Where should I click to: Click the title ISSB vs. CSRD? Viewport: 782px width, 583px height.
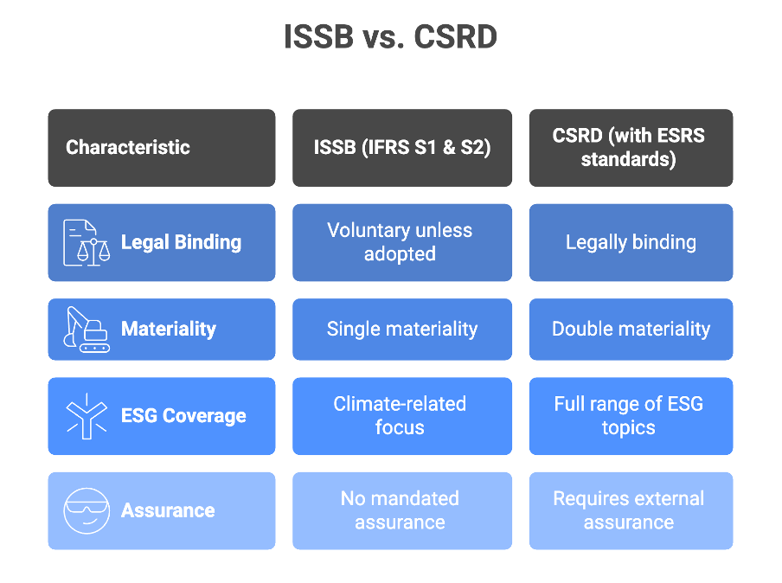tap(390, 37)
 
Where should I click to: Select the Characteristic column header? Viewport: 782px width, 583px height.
tap(162, 148)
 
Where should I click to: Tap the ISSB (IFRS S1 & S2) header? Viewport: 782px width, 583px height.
tap(402, 148)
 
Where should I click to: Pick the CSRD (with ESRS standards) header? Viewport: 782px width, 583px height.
tap(631, 148)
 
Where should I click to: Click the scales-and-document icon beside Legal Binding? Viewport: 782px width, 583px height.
tap(87, 243)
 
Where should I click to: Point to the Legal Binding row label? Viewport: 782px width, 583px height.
tap(181, 242)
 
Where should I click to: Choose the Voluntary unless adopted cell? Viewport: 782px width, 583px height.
tap(402, 242)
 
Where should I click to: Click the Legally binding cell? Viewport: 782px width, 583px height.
tap(631, 242)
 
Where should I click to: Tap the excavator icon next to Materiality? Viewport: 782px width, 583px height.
tap(87, 330)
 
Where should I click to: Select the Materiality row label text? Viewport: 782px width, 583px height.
tap(169, 330)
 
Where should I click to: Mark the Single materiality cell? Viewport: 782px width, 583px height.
tap(402, 330)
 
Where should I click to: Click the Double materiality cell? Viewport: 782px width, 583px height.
tap(631, 330)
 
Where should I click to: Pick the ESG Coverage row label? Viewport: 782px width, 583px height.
tap(183, 416)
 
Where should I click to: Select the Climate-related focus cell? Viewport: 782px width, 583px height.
tap(402, 416)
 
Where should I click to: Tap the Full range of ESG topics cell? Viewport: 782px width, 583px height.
tap(631, 416)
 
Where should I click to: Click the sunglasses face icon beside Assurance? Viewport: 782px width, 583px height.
tap(87, 510)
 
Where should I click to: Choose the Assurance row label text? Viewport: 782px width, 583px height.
tap(168, 510)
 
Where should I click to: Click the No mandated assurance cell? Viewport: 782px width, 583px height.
tap(402, 510)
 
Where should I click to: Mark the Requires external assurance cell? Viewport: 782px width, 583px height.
tap(631, 510)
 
